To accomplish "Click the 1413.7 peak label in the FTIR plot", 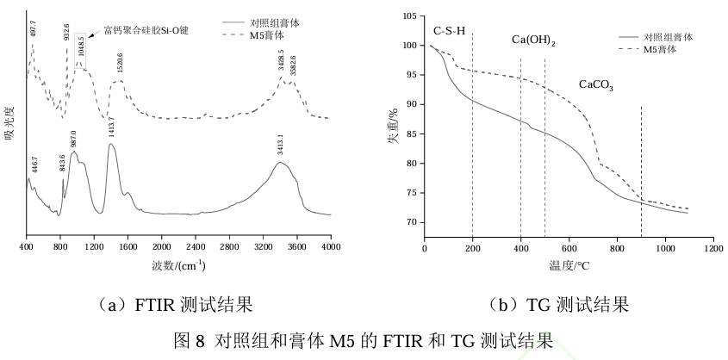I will (x=110, y=131).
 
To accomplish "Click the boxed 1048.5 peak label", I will (x=80, y=46).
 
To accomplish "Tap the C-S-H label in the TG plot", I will (x=449, y=30).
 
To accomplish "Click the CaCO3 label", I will (x=596, y=85).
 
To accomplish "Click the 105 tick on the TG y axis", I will (x=409, y=16).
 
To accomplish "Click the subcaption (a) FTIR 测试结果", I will (x=174, y=304).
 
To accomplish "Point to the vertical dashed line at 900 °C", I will (x=642, y=164).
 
